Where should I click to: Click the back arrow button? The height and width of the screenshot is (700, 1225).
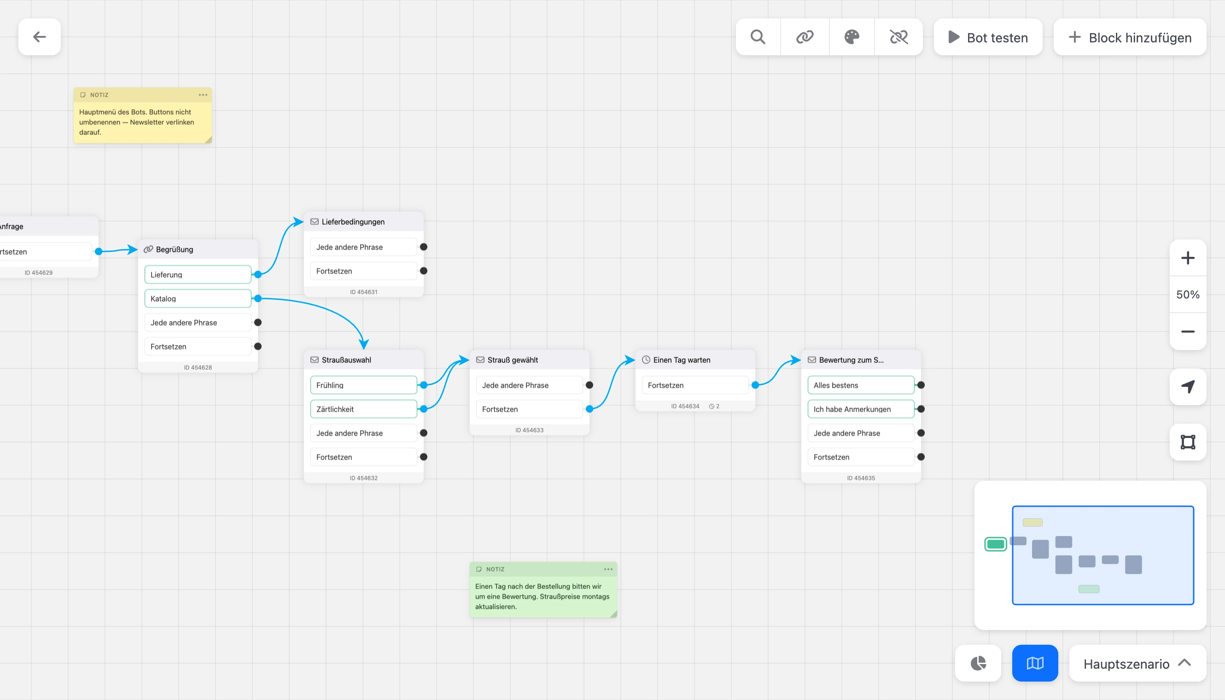[40, 37]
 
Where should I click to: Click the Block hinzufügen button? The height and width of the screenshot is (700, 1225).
[1130, 37]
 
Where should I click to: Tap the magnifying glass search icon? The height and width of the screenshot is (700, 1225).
[758, 37]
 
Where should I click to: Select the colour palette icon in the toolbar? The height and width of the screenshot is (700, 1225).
[852, 37]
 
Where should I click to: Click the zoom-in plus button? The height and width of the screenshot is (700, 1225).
[1188, 258]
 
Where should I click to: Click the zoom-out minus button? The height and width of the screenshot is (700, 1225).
[1188, 332]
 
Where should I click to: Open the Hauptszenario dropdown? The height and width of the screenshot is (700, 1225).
[1137, 664]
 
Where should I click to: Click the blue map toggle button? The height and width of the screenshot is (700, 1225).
[1035, 664]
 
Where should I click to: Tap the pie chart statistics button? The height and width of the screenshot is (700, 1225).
[978, 664]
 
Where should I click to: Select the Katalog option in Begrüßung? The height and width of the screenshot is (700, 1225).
[198, 298]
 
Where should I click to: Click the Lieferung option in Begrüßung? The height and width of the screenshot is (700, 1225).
[198, 274]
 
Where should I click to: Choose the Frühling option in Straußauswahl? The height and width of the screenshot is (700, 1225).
[363, 385]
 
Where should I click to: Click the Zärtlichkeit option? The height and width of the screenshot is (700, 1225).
[363, 409]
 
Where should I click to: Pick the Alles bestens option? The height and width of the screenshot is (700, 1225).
[861, 385]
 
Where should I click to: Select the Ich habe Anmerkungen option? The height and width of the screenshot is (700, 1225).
[861, 409]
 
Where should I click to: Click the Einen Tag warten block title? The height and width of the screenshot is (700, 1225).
[681, 360]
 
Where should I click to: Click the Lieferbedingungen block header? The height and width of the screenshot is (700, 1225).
[363, 222]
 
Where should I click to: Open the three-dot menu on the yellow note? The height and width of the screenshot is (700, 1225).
[203, 95]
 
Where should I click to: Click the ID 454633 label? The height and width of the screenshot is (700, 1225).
[529, 430]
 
